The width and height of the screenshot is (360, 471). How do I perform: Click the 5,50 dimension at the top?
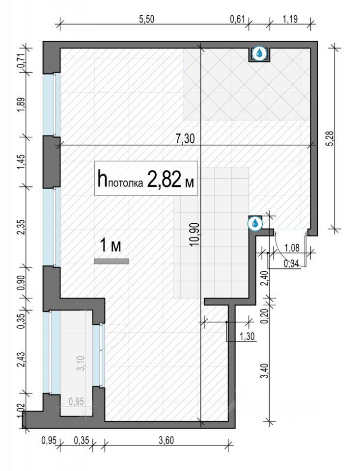tap(146, 19)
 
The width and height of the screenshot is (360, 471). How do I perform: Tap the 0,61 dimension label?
tap(237, 19)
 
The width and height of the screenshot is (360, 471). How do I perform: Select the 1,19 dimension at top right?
tap(290, 19)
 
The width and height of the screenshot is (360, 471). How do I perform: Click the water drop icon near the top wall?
tap(259, 54)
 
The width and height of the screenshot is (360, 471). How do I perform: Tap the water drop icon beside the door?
tap(255, 224)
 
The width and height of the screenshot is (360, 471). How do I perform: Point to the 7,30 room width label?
tap(185, 139)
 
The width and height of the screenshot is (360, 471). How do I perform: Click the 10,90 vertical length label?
tap(195, 235)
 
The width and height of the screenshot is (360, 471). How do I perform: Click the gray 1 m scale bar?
tap(111, 262)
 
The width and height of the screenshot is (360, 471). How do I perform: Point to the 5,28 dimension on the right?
tap(331, 139)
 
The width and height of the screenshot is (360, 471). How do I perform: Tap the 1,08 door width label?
tap(292, 248)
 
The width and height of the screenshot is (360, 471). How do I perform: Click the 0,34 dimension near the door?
tap(291, 263)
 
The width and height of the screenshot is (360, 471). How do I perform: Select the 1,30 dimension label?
tap(247, 337)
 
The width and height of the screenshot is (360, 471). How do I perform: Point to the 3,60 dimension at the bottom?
tap(166, 441)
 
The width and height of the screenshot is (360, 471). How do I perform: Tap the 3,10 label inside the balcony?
tap(81, 363)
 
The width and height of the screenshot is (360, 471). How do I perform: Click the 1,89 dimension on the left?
tap(21, 105)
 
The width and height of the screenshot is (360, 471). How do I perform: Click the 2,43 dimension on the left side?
tap(21, 360)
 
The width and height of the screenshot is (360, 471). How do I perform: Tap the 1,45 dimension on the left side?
tap(21, 161)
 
